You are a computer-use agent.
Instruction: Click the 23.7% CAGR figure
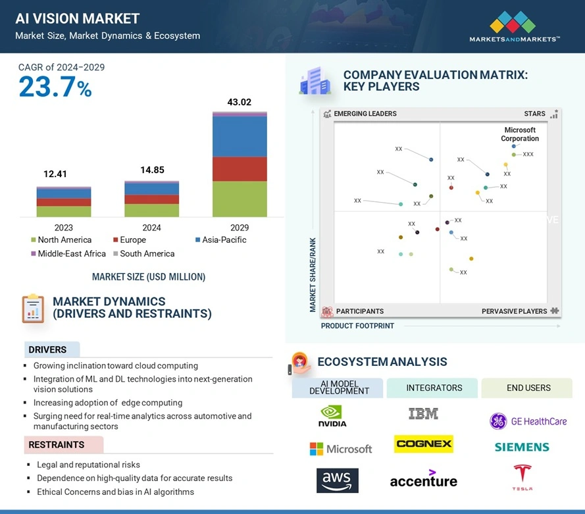[x=55, y=88]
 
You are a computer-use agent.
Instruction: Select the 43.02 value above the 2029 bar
[x=239, y=102]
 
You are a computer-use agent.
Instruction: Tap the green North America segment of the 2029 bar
[x=240, y=199]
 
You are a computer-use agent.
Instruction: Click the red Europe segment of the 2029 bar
[x=240, y=168]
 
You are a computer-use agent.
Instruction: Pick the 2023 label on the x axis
[x=64, y=228]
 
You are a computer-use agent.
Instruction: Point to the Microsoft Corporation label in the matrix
[x=520, y=134]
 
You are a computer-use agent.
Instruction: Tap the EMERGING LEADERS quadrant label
[x=365, y=114]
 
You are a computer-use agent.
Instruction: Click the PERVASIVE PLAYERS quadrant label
[x=514, y=311]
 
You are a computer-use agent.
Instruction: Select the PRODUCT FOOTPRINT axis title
[x=357, y=326]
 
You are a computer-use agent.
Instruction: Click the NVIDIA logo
[x=332, y=416]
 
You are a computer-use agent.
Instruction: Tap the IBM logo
[x=423, y=414]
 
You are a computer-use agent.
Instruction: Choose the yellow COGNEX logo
[x=423, y=444]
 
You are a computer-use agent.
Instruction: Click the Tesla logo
[x=522, y=477]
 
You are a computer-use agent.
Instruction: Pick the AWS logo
[x=337, y=480]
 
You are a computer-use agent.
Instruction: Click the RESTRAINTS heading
[x=57, y=445]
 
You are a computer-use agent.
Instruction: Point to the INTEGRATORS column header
[x=434, y=388]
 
